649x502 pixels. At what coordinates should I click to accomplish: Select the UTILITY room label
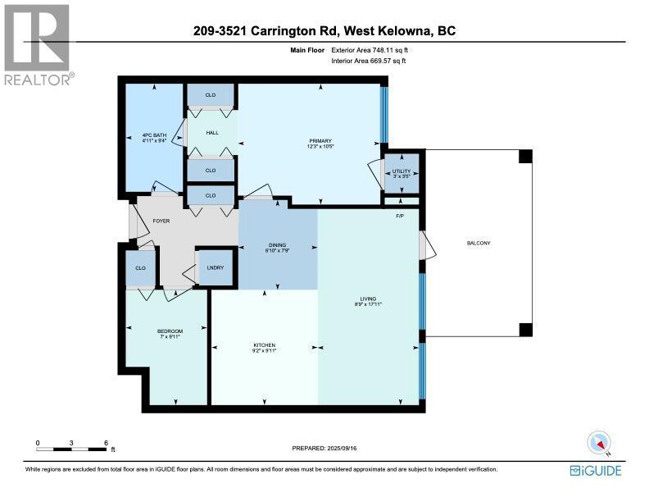pyautogui.click(x=402, y=171)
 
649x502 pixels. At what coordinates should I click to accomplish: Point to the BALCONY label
pyautogui.click(x=479, y=242)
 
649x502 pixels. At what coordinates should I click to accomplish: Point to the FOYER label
pyautogui.click(x=150, y=221)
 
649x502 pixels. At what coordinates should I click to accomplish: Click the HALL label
pyautogui.click(x=211, y=133)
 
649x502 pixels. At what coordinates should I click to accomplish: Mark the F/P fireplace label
pyautogui.click(x=401, y=216)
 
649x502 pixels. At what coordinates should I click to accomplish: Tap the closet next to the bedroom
pyautogui.click(x=140, y=268)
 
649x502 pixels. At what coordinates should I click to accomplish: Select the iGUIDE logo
pyautogui.click(x=596, y=471)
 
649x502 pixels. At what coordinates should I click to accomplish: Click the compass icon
pyautogui.click(x=599, y=443)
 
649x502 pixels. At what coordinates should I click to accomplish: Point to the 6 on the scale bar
pyautogui.click(x=107, y=443)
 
